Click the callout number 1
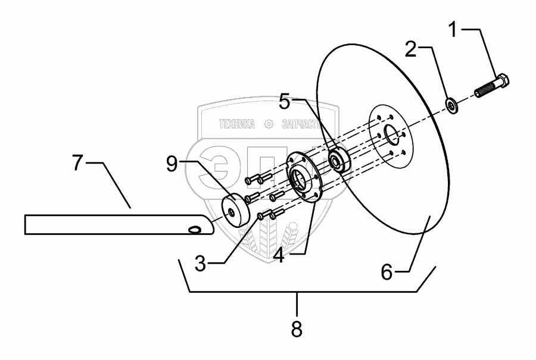point(454,28)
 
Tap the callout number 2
point(410,49)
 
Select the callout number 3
point(200,264)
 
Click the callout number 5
point(285,101)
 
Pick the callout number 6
point(387,273)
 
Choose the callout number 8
point(297,327)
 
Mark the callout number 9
point(172,164)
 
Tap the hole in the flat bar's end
point(194,228)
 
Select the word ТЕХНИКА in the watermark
point(237,124)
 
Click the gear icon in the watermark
point(269,124)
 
